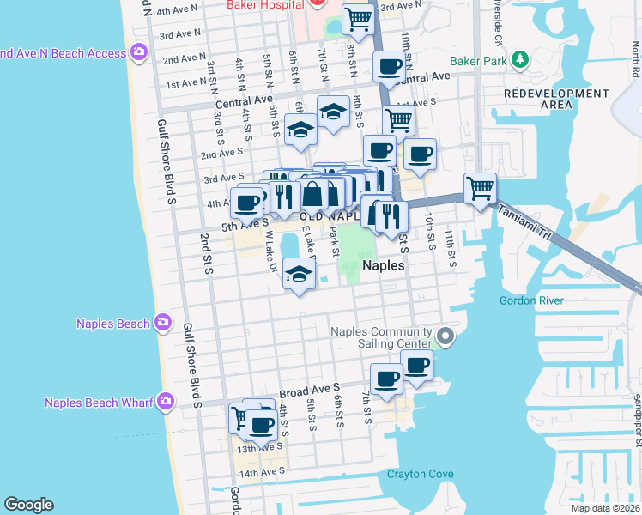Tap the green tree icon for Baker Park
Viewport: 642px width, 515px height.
tap(518, 60)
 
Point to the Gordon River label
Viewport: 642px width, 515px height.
tap(531, 300)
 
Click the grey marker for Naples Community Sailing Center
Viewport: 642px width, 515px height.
tap(445, 337)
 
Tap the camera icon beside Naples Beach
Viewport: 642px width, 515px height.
tap(163, 324)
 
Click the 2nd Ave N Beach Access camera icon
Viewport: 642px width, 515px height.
tap(138, 53)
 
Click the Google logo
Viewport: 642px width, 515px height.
tap(28, 505)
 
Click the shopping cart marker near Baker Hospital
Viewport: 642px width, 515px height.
tap(357, 18)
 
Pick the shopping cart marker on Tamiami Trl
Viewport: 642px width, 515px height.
tap(481, 187)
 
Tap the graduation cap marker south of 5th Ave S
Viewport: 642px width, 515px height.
tap(298, 276)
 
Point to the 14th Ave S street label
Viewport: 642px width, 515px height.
tap(261, 473)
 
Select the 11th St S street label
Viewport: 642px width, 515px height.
tap(452, 250)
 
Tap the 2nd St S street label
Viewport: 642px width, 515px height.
tap(207, 255)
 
